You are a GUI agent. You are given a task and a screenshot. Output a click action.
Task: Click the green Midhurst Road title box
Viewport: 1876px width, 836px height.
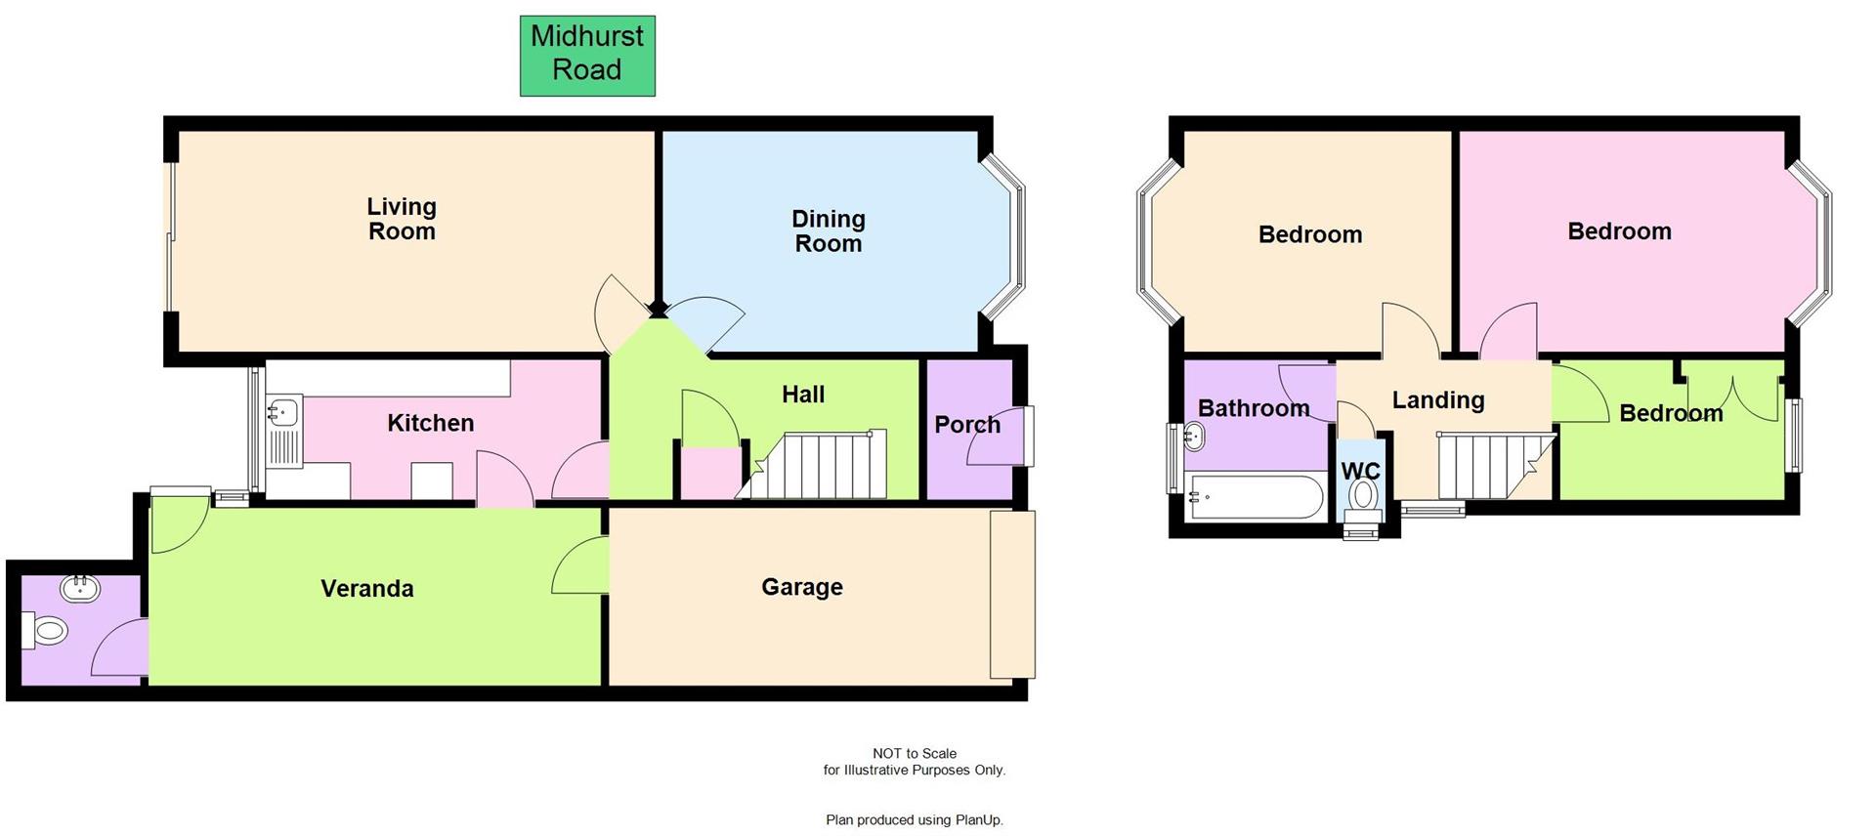click(587, 56)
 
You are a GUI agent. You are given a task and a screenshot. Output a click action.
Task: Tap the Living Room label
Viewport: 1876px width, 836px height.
click(402, 219)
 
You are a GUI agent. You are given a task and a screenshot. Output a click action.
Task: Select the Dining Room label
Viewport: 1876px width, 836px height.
click(828, 231)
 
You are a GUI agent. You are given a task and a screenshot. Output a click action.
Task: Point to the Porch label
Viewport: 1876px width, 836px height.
click(966, 425)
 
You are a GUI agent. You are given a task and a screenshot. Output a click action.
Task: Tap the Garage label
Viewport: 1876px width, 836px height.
click(801, 587)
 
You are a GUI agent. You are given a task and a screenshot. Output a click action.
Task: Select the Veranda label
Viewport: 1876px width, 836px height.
click(367, 588)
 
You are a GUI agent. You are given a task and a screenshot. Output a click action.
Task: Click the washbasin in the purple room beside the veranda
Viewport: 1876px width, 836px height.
click(79, 588)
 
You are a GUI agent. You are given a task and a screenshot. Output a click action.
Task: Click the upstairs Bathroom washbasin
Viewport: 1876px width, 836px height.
click(1194, 438)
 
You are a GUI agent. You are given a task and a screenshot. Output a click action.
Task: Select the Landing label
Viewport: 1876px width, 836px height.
click(1437, 399)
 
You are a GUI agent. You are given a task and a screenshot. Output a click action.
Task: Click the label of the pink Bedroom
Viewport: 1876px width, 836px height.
click(1619, 231)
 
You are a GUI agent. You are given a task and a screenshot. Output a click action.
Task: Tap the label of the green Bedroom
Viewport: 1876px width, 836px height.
click(1670, 413)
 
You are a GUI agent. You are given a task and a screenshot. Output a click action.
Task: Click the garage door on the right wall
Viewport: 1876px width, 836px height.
click(1012, 594)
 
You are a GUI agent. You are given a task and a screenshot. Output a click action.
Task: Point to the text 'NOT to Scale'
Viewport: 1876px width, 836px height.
click(914, 753)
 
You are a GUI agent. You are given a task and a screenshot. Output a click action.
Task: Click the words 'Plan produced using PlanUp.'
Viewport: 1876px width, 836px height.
click(914, 819)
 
